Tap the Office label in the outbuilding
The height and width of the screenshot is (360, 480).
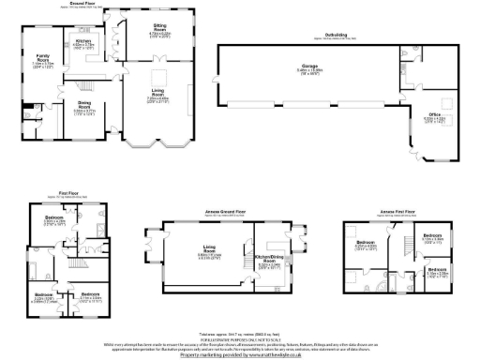coord(434,117)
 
